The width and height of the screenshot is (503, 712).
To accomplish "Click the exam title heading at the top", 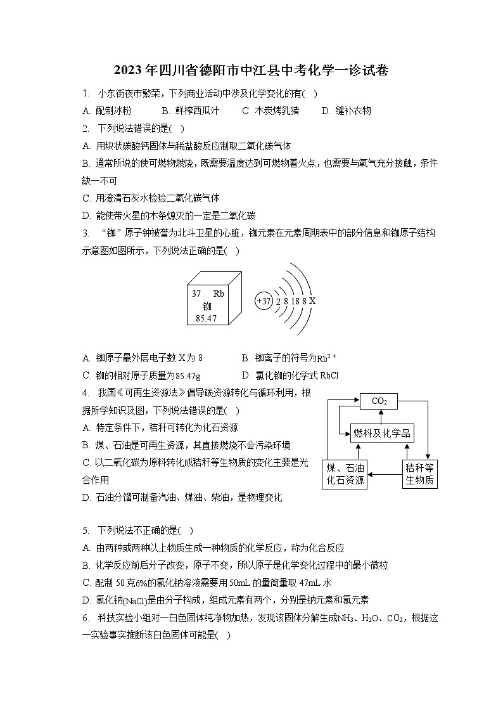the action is click(251, 70).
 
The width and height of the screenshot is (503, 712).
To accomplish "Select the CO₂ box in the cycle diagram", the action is click(379, 401).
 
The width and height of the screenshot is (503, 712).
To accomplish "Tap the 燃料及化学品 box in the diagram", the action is click(382, 434).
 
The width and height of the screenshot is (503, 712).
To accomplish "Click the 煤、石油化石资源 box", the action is click(345, 474).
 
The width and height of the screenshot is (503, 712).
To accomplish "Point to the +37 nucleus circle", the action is click(263, 301).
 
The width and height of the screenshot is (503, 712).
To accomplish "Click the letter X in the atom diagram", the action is click(312, 301).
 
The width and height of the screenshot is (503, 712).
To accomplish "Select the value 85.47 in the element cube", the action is click(207, 318).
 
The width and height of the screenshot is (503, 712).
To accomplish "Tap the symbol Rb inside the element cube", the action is click(219, 294).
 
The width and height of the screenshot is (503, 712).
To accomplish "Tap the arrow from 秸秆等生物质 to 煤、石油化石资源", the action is click(385, 474).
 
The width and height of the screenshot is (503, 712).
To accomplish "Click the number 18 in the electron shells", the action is click(295, 301).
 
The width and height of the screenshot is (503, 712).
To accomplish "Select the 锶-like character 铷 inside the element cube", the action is click(207, 306).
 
